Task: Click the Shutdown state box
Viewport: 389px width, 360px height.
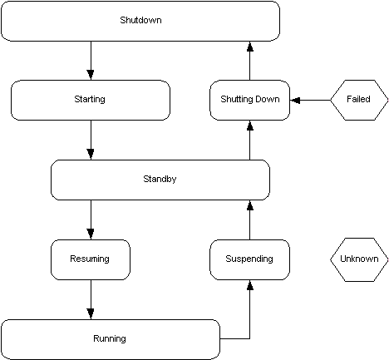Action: (140, 21)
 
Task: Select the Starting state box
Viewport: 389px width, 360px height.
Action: (90, 100)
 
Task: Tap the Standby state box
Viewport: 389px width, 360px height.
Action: (160, 180)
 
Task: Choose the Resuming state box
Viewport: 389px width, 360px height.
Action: (90, 259)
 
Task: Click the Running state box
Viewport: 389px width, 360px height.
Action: (110, 339)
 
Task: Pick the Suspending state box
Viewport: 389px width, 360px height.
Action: (249, 259)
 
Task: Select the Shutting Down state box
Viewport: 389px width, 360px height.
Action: (249, 100)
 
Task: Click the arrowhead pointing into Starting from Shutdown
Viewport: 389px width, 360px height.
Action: (91, 74)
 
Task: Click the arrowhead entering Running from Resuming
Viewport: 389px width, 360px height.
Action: (91, 313)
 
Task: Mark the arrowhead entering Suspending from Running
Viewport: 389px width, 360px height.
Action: (249, 286)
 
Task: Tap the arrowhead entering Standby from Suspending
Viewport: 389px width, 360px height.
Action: (249, 206)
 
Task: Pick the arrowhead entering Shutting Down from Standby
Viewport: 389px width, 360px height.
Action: (249, 126)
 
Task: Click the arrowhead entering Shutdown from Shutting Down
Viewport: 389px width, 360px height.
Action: (249, 47)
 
